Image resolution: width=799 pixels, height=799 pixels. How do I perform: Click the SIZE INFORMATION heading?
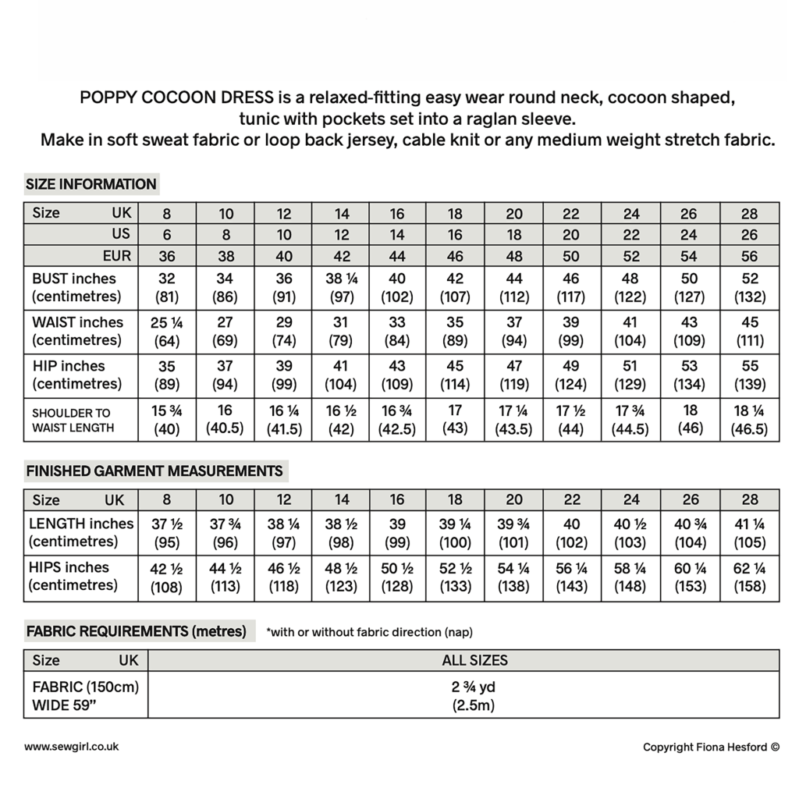91,184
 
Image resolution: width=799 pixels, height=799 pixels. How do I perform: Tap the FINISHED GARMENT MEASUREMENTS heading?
154,471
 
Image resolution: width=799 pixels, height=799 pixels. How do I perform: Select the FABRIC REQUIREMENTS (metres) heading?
137,631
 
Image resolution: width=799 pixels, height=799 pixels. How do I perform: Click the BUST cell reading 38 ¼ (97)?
341,288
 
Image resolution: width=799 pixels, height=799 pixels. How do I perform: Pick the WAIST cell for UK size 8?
167,332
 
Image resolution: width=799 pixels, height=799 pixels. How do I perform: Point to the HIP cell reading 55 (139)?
749,375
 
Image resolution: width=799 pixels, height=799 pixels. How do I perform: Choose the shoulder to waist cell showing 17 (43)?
456,419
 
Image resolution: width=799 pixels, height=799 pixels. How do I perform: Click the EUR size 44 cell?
398,256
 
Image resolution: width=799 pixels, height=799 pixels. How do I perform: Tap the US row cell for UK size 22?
572,234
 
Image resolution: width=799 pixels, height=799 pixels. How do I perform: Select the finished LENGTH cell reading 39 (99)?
398,533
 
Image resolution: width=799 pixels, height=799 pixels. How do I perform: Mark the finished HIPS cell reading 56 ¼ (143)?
572,577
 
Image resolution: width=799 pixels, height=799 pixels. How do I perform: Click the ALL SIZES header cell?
474,660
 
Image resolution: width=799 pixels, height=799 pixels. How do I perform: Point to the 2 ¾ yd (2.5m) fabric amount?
474,696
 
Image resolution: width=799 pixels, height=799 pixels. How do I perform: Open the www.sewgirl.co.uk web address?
72,747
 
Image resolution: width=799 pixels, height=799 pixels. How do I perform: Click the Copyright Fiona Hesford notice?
711,748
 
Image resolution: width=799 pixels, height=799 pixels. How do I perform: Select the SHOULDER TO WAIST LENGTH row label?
73,420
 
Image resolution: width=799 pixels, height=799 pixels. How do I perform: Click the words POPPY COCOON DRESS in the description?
176,98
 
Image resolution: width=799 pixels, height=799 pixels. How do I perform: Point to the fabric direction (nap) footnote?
369,632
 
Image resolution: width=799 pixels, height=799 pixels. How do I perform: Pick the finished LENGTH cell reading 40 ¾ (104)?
690,533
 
